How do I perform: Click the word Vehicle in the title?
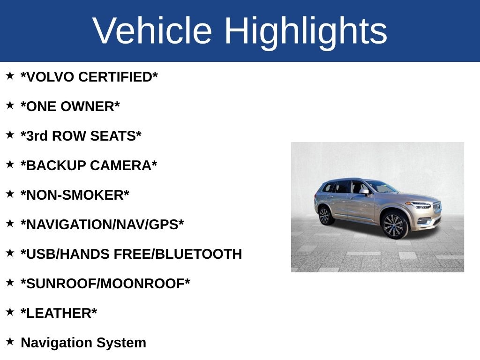tap(152, 30)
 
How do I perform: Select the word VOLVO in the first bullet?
tap(50, 77)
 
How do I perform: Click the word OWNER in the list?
tap(87, 106)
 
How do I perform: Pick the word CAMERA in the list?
tap(120, 165)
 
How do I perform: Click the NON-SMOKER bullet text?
tap(75, 195)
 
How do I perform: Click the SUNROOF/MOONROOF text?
tap(105, 284)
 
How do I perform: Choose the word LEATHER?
tap(59, 313)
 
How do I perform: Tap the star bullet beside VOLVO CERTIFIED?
tap(10, 75)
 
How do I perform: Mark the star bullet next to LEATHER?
tap(10, 312)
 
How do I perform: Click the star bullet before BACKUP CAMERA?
tap(10, 164)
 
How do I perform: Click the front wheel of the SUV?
tap(394, 225)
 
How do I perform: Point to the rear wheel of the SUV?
tap(325, 216)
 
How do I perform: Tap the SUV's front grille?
tap(437, 208)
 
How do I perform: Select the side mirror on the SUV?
tap(364, 192)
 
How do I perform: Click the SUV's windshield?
tap(382, 187)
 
